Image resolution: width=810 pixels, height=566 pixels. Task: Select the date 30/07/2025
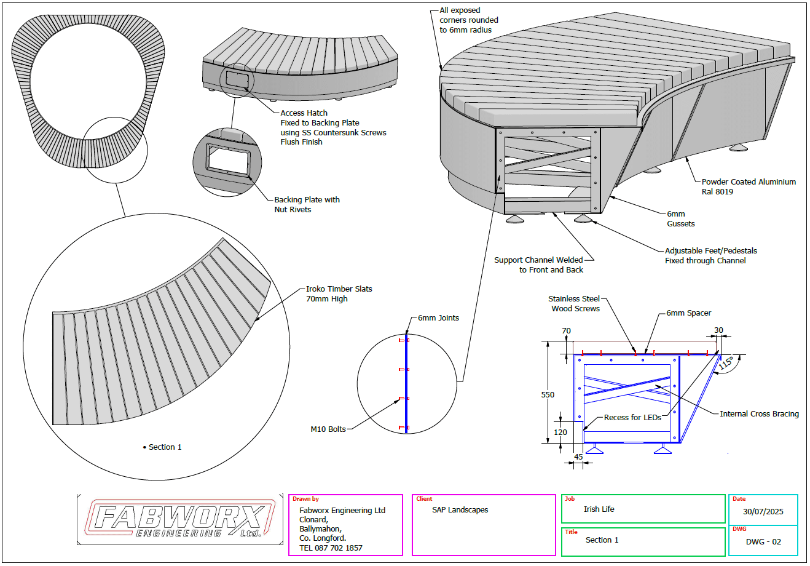pos(763,512)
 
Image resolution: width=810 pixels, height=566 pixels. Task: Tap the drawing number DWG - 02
pos(763,542)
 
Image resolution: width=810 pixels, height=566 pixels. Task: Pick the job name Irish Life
pos(599,509)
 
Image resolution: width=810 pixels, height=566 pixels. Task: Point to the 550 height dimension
pos(548,395)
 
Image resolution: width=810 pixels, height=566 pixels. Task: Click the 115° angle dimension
pos(725,364)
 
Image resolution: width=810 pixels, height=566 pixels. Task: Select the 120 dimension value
pos(560,432)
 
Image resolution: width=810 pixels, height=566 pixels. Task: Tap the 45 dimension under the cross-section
pos(578,457)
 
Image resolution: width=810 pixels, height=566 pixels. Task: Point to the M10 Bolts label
pos(328,429)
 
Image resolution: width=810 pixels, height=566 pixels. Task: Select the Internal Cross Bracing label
pos(759,414)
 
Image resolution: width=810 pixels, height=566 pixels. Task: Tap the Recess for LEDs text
pos(632,418)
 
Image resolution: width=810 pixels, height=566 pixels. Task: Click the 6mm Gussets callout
pos(680,219)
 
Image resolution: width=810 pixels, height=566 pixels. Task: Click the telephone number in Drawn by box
pos(331,548)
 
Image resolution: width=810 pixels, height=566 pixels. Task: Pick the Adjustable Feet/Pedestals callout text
pos(710,255)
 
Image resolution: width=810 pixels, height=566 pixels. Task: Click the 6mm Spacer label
pos(688,313)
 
